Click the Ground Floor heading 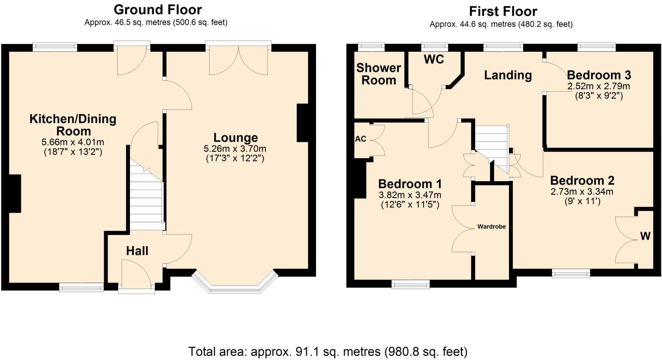coord(158,10)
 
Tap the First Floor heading coord(503,11)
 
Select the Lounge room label coord(235,137)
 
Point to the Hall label coord(137,251)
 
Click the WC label coord(434,60)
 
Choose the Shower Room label coord(378,74)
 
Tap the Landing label coord(508,75)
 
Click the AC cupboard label coord(360,139)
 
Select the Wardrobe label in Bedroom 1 coord(492,227)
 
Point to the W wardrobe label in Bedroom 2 coord(645,236)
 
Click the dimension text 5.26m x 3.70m coord(235,149)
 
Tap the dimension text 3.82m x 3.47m coord(410,195)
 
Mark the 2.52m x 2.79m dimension coord(599,86)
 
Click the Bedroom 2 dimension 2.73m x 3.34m coord(582,191)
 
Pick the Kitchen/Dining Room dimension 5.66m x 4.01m coord(73,142)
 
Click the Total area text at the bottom coord(328,351)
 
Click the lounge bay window coord(235,283)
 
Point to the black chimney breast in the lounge coord(303,123)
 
